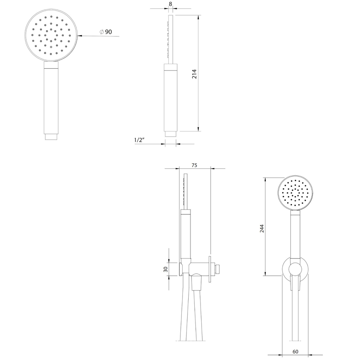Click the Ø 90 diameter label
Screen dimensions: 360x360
pyautogui.click(x=106, y=32)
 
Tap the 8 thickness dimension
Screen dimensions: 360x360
pyautogui.click(x=170, y=4)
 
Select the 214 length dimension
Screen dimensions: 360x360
pyautogui.click(x=194, y=74)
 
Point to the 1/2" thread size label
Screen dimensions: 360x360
pyautogui.click(x=139, y=140)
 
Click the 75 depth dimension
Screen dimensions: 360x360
pyautogui.click(x=194, y=165)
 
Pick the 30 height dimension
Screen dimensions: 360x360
pyautogui.click(x=166, y=269)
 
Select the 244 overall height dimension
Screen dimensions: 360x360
pyautogui.click(x=262, y=229)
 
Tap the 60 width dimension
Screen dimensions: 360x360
pyautogui.click(x=296, y=351)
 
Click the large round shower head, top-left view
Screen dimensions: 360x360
pyautogui.click(x=51, y=35)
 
